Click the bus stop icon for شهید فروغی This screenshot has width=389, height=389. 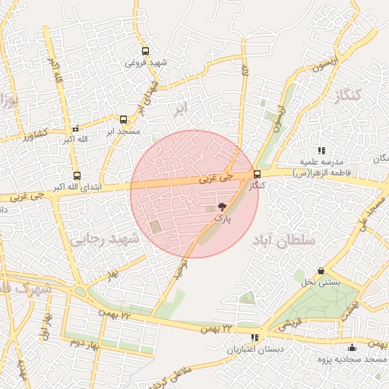click(145, 52)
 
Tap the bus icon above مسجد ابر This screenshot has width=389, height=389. click(123, 119)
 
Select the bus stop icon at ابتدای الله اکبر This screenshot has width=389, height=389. click(75, 175)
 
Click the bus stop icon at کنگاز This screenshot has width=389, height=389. click(258, 174)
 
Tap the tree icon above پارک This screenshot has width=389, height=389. click(222, 206)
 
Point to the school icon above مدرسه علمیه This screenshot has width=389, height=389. click(321, 150)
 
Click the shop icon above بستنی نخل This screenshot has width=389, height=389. click(321, 270)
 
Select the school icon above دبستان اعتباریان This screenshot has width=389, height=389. click(255, 337)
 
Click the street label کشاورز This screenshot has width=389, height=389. click(35, 134)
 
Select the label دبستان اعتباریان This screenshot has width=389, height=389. click(255, 349)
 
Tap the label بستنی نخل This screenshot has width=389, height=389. click(321, 283)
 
